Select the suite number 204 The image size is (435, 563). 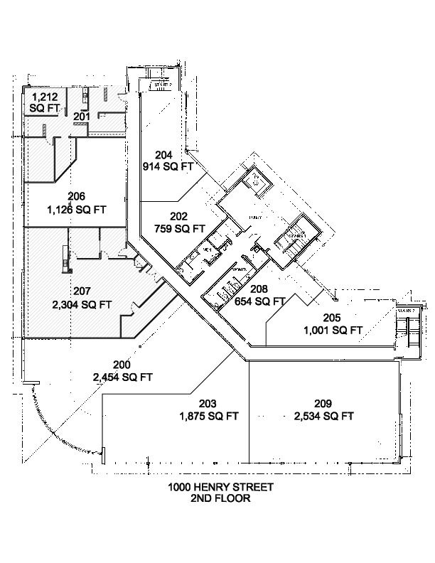tap(163, 155)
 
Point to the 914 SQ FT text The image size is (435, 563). tap(168, 167)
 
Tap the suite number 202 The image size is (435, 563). tap(179, 216)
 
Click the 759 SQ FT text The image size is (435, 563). tap(179, 229)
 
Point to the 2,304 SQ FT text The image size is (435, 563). tap(82, 304)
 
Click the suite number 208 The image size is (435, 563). tap(259, 289)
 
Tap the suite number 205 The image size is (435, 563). tap(332, 318)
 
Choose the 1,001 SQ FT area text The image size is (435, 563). tap(333, 330)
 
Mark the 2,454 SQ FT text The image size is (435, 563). tap(122, 377)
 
